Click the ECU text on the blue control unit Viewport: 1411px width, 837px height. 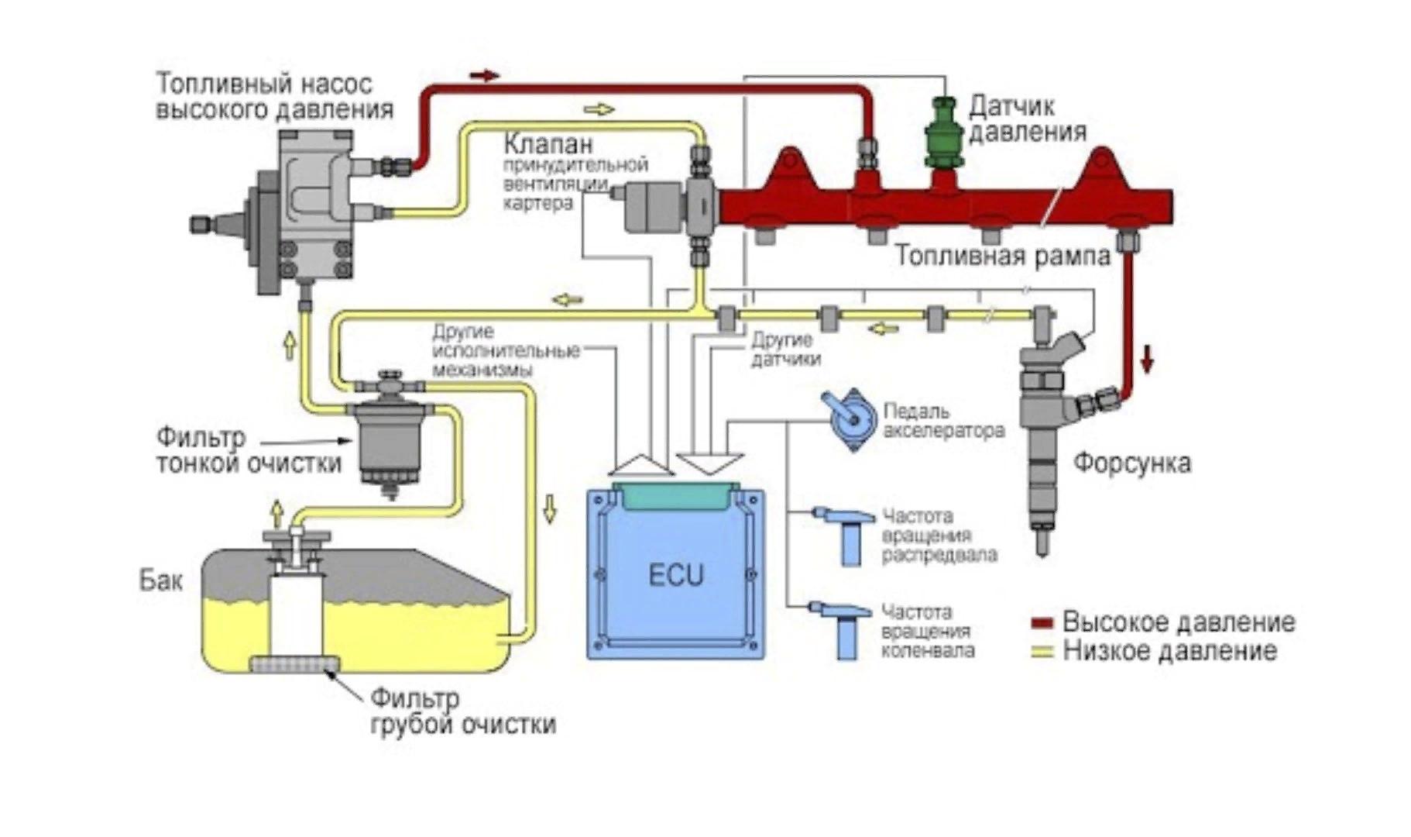coord(675,576)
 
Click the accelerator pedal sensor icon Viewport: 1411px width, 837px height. coord(850,419)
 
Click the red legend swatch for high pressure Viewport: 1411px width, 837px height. coord(1042,623)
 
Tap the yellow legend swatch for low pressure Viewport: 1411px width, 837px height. coord(1042,651)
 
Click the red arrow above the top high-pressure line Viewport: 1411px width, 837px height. coord(486,75)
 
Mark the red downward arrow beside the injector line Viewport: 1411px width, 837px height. coord(1147,358)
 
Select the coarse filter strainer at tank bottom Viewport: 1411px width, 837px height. coord(294,664)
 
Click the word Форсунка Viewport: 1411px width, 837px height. coord(1131,463)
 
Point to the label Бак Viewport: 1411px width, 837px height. coord(160,580)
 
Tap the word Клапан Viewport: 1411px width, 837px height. coord(548,143)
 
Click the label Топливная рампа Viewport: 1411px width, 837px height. coord(1003,256)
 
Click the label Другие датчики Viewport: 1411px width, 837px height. coord(784,350)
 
